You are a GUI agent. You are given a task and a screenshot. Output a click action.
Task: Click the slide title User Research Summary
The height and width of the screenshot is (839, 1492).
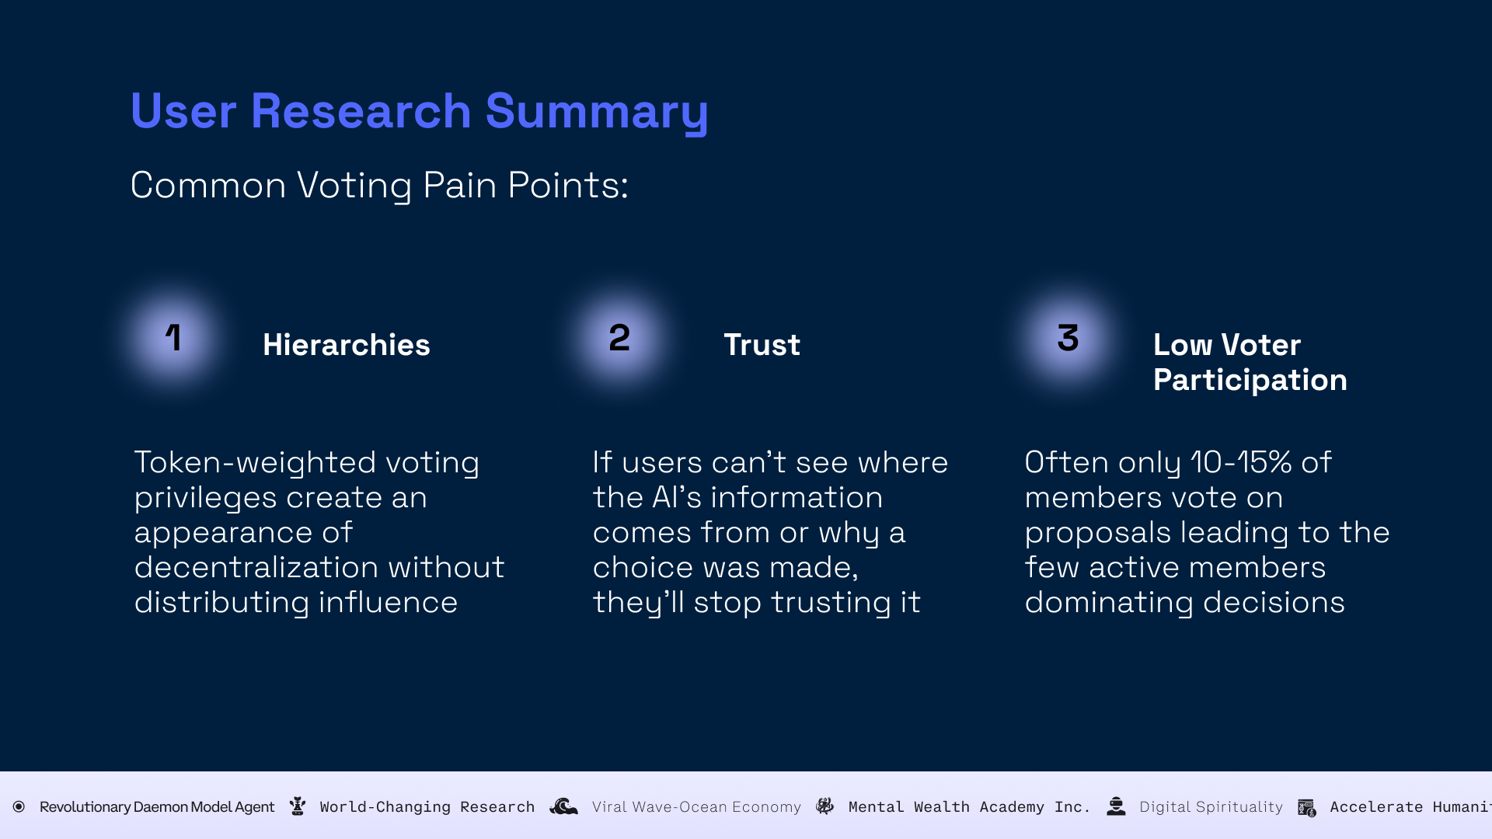click(419, 111)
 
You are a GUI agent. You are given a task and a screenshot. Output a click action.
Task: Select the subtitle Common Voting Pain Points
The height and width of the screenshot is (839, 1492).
click(379, 185)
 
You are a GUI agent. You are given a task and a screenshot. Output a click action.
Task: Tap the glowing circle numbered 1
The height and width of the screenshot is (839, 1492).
click(173, 338)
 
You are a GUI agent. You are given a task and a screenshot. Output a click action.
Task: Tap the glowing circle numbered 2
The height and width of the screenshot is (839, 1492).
click(619, 338)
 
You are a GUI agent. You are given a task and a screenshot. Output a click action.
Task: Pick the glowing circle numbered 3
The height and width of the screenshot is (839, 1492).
click(1068, 338)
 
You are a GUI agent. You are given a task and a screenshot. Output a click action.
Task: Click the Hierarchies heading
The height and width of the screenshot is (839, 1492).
click(346, 345)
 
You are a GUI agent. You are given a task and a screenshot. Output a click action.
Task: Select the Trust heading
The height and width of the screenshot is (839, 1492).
click(762, 345)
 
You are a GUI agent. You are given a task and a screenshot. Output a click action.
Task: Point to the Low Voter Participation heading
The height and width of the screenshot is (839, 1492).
click(1250, 362)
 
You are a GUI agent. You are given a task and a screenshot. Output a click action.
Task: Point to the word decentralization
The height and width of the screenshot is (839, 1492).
click(256, 567)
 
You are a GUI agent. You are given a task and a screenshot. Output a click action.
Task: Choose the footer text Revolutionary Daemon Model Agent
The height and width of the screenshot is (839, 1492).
click(157, 807)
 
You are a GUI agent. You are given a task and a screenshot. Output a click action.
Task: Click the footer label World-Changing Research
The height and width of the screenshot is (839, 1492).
click(427, 807)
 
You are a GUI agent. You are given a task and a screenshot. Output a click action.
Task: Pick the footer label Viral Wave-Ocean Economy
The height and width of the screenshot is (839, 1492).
click(696, 807)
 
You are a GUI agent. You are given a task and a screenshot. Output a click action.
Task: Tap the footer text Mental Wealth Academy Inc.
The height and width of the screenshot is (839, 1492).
click(969, 807)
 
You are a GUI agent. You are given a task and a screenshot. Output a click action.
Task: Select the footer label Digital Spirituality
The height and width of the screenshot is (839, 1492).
click(1211, 807)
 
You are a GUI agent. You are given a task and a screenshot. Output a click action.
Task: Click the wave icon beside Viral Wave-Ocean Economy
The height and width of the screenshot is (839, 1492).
click(564, 806)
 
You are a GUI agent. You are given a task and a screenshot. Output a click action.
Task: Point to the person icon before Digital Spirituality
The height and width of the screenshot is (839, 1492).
click(1116, 806)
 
